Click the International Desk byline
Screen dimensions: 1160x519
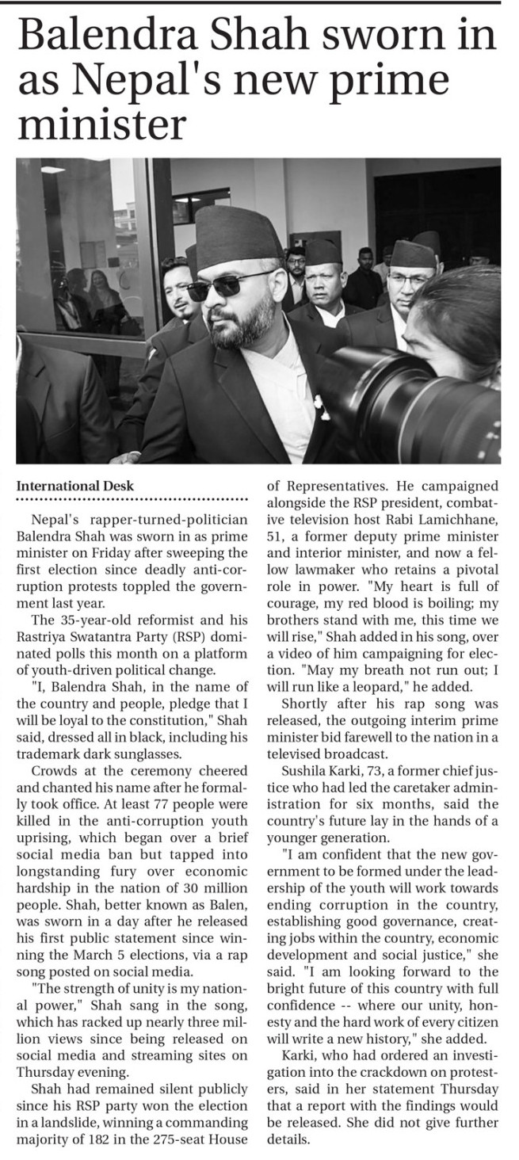pyautogui.click(x=75, y=485)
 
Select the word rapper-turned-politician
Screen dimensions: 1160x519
pyautogui.click(x=163, y=520)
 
